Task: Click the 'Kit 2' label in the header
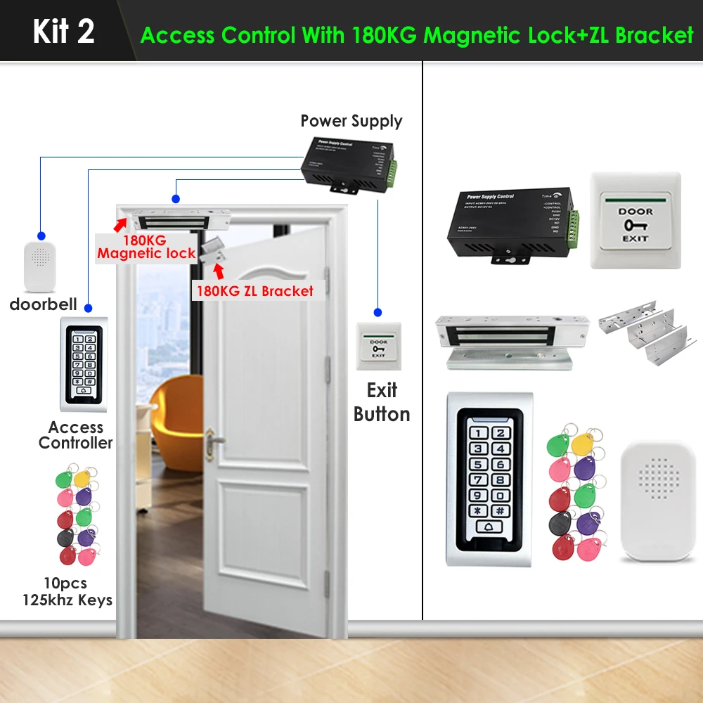(x=63, y=32)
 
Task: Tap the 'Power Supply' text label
(x=351, y=121)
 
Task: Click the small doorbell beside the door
(x=44, y=266)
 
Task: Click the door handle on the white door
(x=214, y=441)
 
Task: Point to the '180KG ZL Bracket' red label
(x=253, y=290)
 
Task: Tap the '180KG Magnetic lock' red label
(x=146, y=247)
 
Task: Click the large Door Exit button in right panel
(x=636, y=220)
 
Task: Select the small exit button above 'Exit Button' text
(x=378, y=346)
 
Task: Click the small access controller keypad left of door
(x=84, y=363)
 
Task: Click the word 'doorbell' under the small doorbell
(x=44, y=305)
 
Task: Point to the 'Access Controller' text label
(x=76, y=435)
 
